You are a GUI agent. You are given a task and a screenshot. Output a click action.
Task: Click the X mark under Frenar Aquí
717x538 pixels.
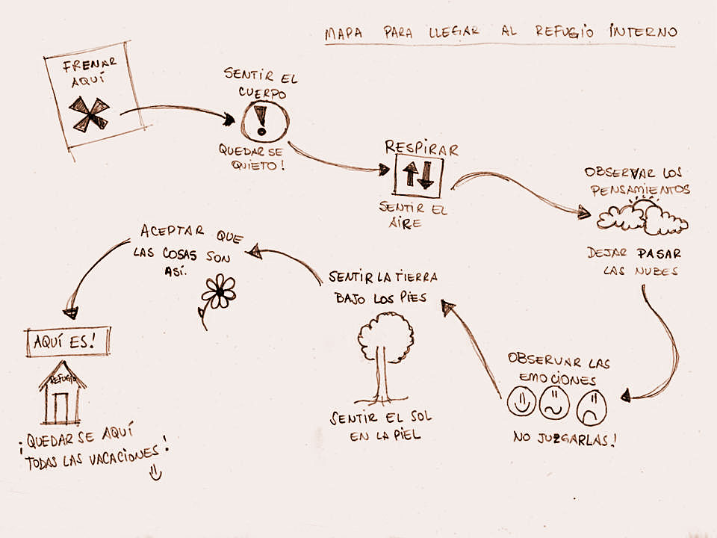point(89,114)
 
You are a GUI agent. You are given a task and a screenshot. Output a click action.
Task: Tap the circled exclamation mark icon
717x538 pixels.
point(264,120)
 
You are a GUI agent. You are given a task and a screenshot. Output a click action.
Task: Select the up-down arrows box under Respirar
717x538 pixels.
point(418,175)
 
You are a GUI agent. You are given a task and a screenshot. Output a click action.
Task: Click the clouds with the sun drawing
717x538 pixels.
point(642,216)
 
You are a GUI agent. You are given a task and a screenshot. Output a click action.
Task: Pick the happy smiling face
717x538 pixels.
point(521,402)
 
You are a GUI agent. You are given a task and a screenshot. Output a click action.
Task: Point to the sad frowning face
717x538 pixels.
point(592,408)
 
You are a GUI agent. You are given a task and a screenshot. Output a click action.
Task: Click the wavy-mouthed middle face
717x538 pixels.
point(555,404)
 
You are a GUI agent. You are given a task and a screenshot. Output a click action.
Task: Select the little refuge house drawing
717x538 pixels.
point(62,393)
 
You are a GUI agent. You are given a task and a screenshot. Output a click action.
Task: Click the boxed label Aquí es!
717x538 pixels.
point(68,341)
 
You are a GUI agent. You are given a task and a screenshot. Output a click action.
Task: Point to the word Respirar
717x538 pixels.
point(421,148)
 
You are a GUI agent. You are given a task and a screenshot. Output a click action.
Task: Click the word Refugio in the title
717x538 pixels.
point(565,31)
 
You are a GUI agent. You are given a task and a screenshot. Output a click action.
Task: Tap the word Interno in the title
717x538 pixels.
point(643,31)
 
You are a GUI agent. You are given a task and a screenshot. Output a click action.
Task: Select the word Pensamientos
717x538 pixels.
point(640,189)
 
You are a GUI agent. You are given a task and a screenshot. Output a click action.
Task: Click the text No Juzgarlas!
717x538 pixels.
point(565,439)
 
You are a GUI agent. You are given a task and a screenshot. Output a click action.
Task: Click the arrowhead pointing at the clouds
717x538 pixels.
point(583,212)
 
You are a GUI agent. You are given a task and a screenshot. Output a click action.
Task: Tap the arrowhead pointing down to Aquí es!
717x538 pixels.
point(71,313)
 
